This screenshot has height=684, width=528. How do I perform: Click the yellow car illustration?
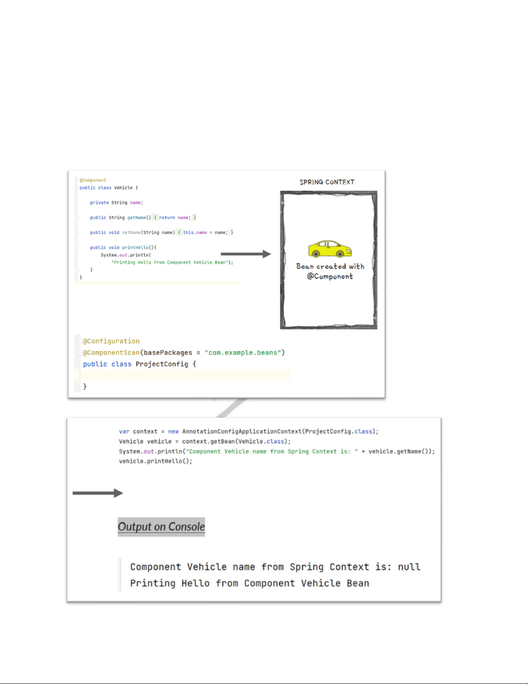coord(330,249)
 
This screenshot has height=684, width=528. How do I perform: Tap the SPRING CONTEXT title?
coord(327,182)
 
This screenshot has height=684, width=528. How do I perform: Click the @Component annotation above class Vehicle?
coord(93,180)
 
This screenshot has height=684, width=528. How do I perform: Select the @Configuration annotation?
coord(111,341)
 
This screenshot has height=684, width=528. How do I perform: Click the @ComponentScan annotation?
coord(111,353)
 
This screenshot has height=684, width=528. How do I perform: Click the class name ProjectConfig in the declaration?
coord(162,364)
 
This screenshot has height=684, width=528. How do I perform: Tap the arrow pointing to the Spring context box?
coord(246,254)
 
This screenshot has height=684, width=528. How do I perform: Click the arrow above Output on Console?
coord(98,493)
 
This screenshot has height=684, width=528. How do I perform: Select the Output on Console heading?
coord(161,527)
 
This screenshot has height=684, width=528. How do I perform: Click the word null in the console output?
coord(409,567)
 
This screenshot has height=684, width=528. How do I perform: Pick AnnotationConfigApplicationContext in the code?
coord(242,432)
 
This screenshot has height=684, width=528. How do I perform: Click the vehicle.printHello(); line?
coord(156,461)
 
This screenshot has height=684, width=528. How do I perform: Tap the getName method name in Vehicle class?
coord(136,218)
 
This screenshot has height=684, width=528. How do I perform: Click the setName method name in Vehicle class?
coord(131,233)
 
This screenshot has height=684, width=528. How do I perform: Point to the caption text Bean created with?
coord(330,267)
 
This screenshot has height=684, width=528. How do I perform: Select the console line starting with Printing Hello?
coord(250,583)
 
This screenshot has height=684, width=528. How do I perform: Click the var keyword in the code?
coord(124,432)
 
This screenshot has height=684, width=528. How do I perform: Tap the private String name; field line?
coord(116,203)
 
